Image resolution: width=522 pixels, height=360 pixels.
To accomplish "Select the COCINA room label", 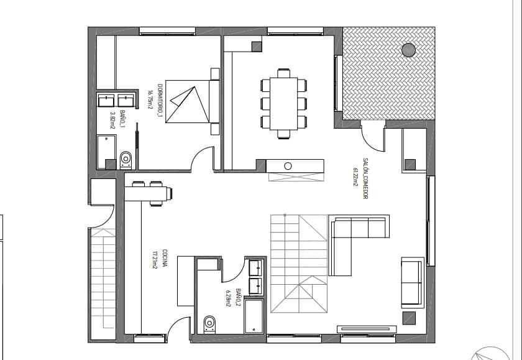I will [165, 259].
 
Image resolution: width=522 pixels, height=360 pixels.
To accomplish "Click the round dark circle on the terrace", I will [409, 50].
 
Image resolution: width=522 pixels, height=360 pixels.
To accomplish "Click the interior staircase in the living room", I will [298, 264].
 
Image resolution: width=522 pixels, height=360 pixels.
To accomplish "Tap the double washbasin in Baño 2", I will [255, 277].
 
